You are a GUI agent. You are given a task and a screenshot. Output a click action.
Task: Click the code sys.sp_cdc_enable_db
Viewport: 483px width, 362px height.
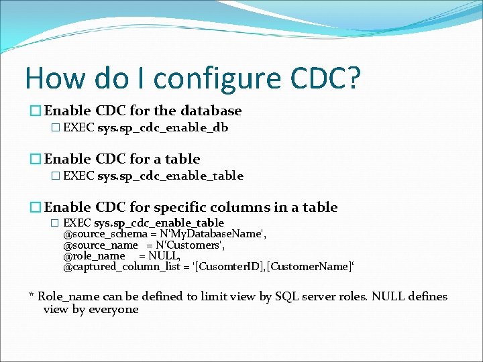click(x=163, y=127)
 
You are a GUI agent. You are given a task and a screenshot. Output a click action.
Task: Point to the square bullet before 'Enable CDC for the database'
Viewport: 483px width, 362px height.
click(x=35, y=111)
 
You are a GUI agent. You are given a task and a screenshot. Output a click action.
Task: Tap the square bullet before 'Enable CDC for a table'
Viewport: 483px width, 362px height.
click(x=35, y=159)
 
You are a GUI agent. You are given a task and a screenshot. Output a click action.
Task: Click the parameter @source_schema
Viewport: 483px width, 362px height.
click(x=105, y=234)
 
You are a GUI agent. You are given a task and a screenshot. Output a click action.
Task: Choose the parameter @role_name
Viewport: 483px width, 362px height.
click(x=94, y=255)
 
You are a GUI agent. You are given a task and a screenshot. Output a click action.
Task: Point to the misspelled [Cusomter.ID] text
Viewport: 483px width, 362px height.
click(x=232, y=267)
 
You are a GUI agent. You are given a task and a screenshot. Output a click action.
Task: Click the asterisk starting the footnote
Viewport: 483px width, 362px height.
click(x=31, y=296)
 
